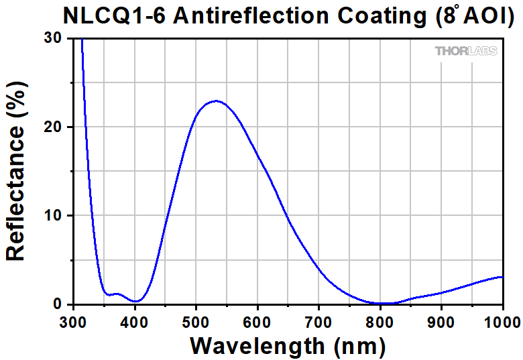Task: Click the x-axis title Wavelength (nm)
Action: click(x=288, y=346)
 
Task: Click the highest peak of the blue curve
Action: click(x=216, y=101)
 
